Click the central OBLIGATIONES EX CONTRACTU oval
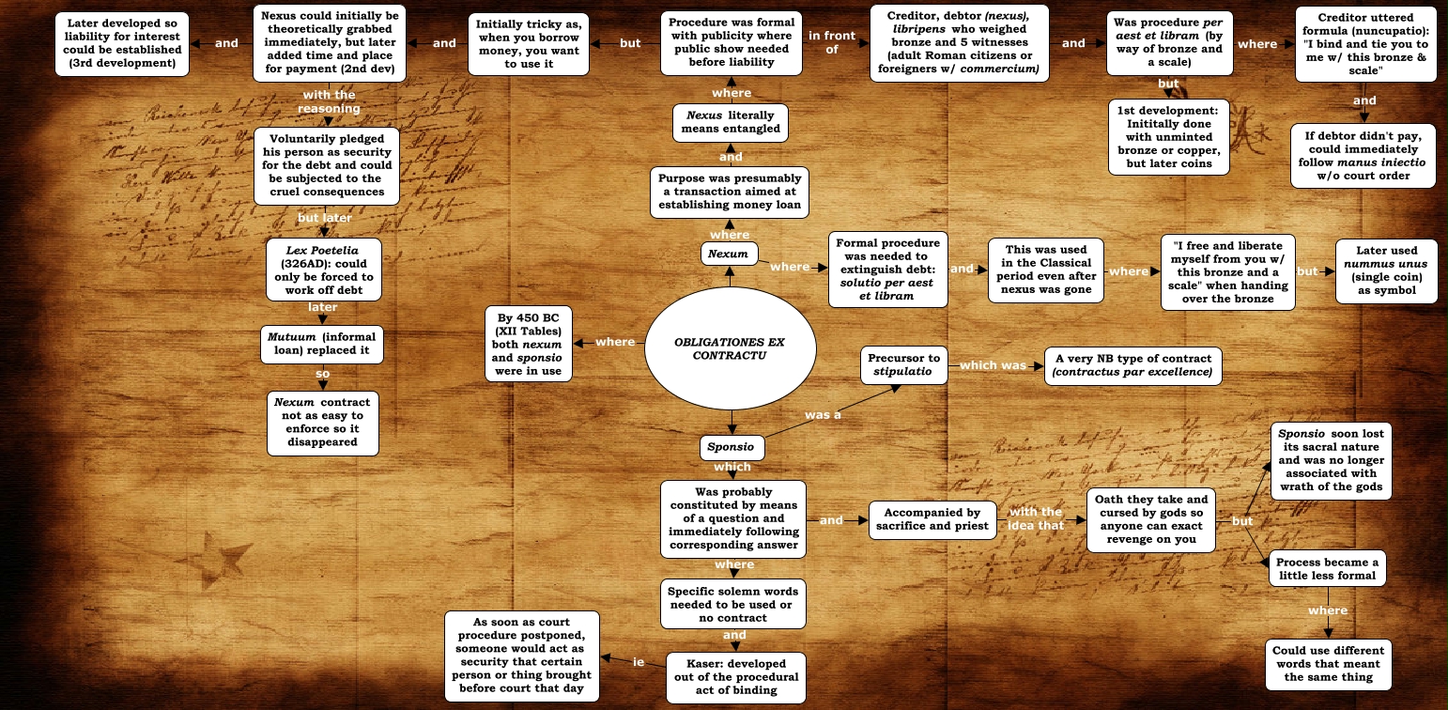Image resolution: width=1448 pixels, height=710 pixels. (728, 348)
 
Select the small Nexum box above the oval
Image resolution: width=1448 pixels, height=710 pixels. (729, 254)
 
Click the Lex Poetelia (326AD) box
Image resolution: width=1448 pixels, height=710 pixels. (320, 270)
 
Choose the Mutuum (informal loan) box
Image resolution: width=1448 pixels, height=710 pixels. (321, 343)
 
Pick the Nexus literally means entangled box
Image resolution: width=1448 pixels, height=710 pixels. (731, 121)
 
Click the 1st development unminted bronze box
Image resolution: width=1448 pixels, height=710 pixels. (1167, 137)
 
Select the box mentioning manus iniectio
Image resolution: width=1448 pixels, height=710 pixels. (1363, 155)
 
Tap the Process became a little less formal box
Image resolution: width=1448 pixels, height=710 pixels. (1327, 568)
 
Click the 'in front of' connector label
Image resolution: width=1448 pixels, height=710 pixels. (832, 42)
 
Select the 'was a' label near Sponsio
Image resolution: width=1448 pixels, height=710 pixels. (823, 414)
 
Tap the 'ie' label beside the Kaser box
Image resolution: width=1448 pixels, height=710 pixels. (639, 662)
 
